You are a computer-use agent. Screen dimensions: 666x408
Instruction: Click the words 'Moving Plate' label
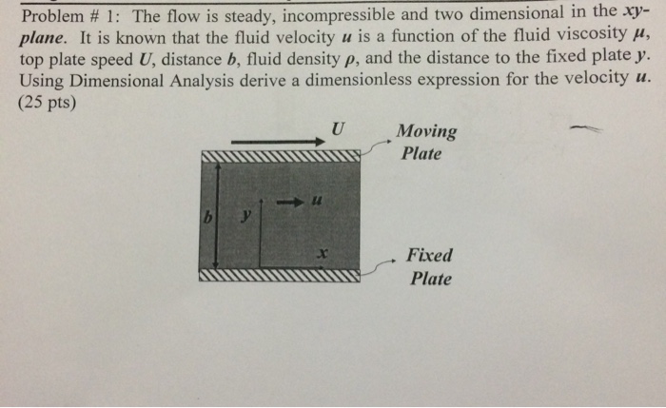click(425, 142)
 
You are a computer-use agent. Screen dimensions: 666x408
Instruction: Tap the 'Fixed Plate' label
click(429, 266)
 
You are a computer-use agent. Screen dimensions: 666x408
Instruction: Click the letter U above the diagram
click(338, 127)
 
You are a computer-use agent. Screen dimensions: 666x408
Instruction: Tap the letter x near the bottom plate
click(323, 253)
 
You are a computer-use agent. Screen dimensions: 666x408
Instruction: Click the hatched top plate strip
click(281, 156)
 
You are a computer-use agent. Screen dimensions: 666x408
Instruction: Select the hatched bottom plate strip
click(281, 277)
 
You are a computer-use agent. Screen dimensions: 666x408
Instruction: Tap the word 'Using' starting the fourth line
click(39, 79)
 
